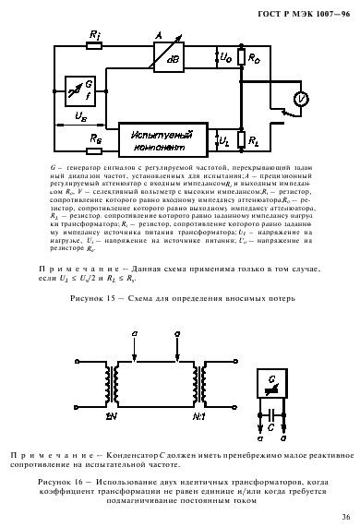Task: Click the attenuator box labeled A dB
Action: (165, 44)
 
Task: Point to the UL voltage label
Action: (225, 140)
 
